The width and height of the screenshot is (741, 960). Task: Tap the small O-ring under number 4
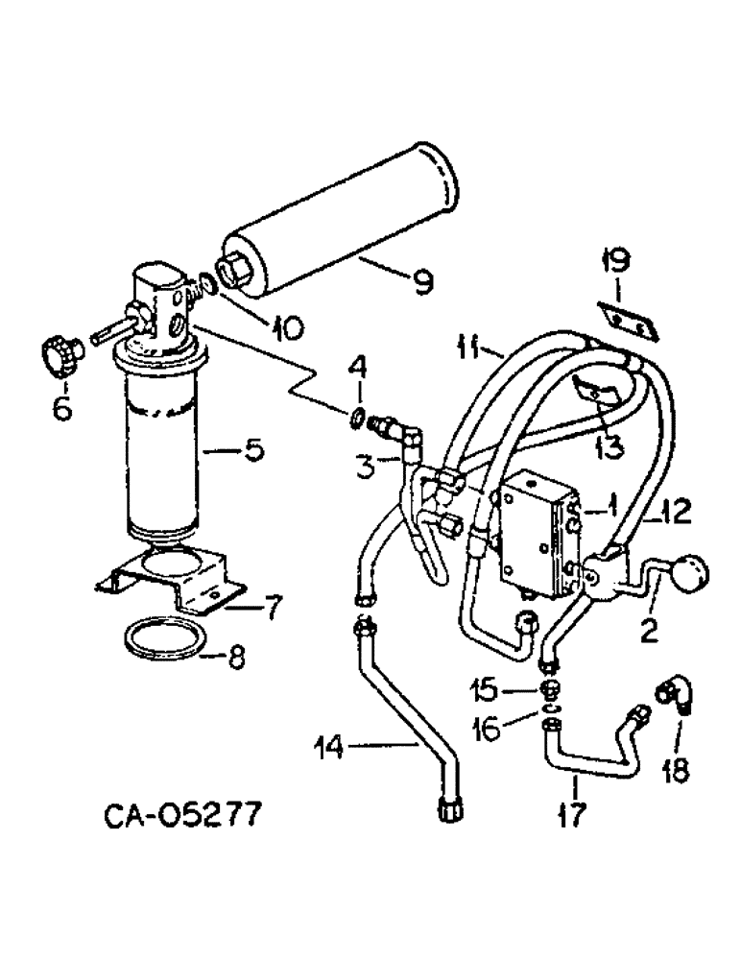(x=356, y=418)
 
